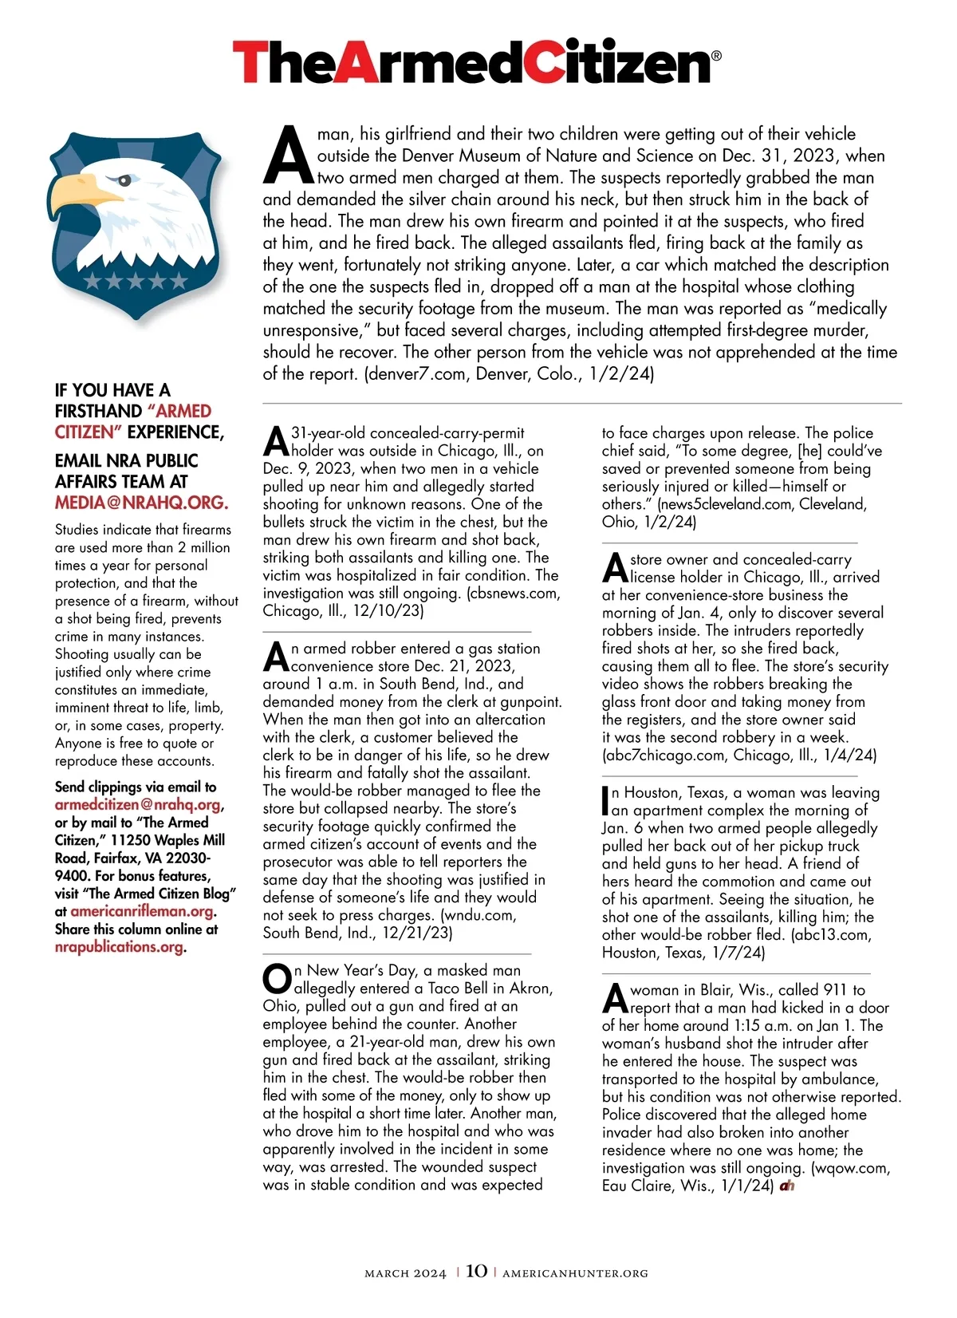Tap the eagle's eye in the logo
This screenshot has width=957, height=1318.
[x=121, y=180]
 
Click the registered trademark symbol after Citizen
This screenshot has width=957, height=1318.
[x=715, y=56]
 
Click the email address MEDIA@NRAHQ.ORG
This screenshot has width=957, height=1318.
[x=141, y=503]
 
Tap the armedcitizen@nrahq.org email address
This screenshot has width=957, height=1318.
[x=138, y=805]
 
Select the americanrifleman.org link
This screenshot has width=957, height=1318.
[x=142, y=911]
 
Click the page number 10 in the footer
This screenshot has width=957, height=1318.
[x=476, y=1272]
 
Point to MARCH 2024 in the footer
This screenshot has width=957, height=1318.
[x=405, y=1273]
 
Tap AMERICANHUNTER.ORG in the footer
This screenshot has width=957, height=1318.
[x=575, y=1273]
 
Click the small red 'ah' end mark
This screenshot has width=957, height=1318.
[x=787, y=1186]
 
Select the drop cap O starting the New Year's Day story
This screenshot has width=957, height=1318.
[x=277, y=979]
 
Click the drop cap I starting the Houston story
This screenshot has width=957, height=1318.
[x=605, y=800]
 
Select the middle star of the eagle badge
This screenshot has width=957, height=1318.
[x=135, y=281]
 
